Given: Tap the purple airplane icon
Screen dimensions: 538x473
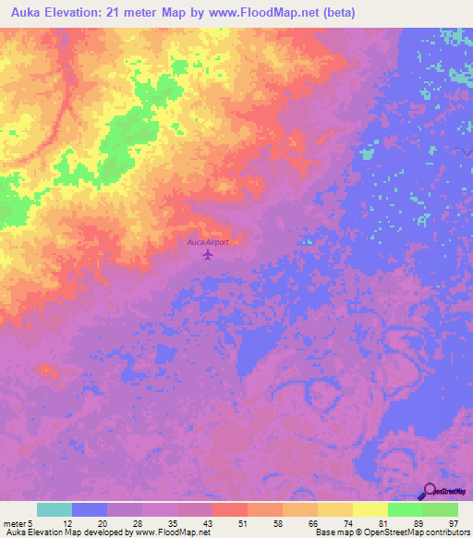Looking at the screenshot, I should pos(208,253).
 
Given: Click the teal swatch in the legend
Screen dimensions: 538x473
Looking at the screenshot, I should pos(55,509).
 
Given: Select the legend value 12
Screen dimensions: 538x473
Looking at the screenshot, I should pos(68,523).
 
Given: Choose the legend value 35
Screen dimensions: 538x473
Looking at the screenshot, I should pos(175,523).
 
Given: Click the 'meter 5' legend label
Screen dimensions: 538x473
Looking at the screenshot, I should pos(18,523).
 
